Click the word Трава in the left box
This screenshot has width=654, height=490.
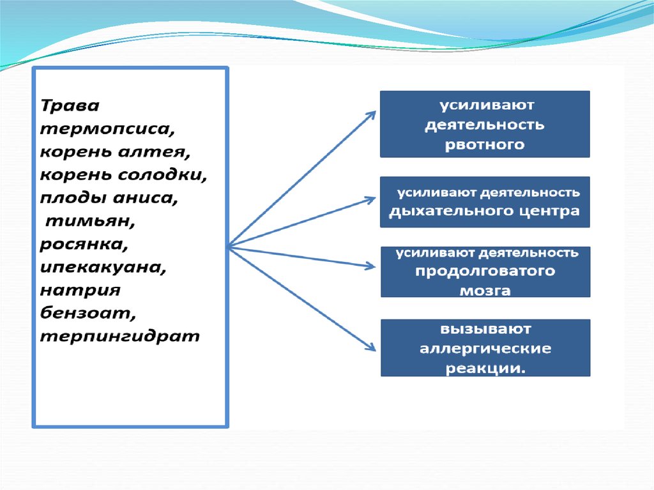pyautogui.click(x=70, y=105)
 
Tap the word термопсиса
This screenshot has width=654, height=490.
pyautogui.click(x=107, y=128)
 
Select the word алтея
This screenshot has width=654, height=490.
pyautogui.click(x=154, y=151)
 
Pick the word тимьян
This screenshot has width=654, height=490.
pyautogui.click(x=90, y=221)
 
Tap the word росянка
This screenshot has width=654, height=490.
pyautogui.click(x=84, y=244)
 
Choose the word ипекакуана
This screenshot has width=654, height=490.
pyautogui.click(x=103, y=267)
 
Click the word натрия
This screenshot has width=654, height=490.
pyautogui.click(x=80, y=290)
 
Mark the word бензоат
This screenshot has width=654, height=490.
pyautogui.click(x=88, y=312)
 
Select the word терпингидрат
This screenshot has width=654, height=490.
pyautogui.click(x=120, y=336)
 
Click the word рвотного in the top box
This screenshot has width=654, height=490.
pyautogui.click(x=485, y=145)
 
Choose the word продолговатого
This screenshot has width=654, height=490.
pyautogui.click(x=485, y=272)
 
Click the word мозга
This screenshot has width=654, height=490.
pyautogui.click(x=485, y=291)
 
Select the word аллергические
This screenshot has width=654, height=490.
pyautogui.click(x=485, y=349)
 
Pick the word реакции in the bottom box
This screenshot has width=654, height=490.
pyautogui.click(x=485, y=368)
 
